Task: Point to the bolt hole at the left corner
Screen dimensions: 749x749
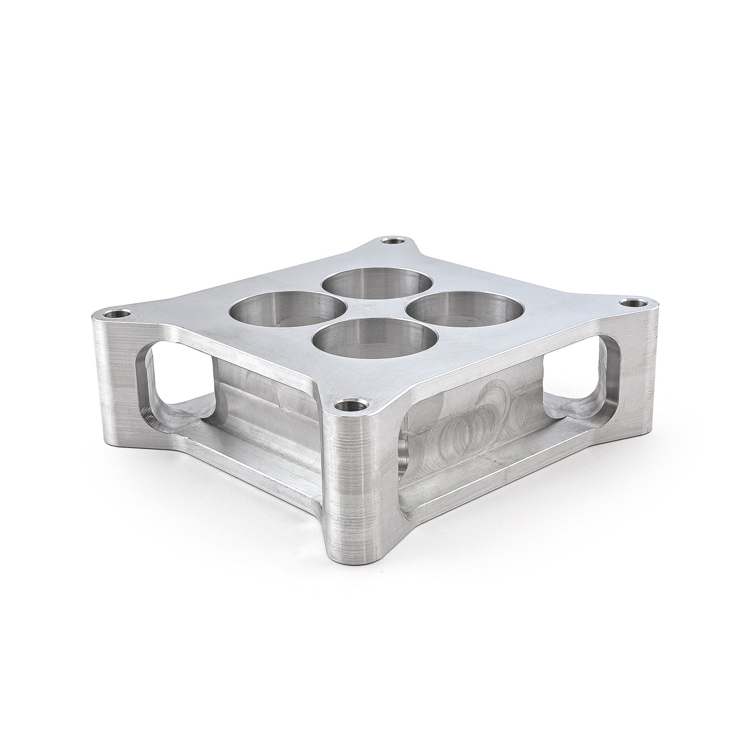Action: click(x=114, y=314)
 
